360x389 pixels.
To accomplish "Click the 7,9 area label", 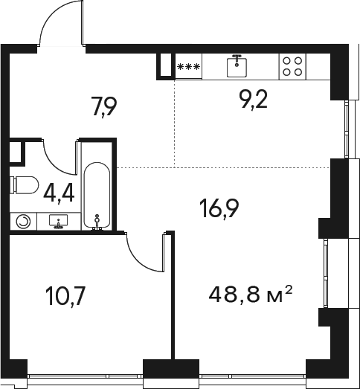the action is [x=103, y=107].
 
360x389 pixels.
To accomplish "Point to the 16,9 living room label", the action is [x=219, y=209].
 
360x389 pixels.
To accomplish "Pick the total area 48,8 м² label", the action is [x=250, y=294].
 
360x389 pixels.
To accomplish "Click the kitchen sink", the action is [x=237, y=66].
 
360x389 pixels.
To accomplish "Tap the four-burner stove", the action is [x=292, y=66].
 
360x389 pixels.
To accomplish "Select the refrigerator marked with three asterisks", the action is [x=189, y=66].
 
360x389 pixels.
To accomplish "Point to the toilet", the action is [x=25, y=185].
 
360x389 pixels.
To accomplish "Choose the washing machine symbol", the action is [x=23, y=221].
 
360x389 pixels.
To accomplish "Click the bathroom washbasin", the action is [x=59, y=221].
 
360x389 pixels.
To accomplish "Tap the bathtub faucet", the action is [x=97, y=222].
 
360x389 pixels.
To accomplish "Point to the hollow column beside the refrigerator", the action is [x=166, y=66].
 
